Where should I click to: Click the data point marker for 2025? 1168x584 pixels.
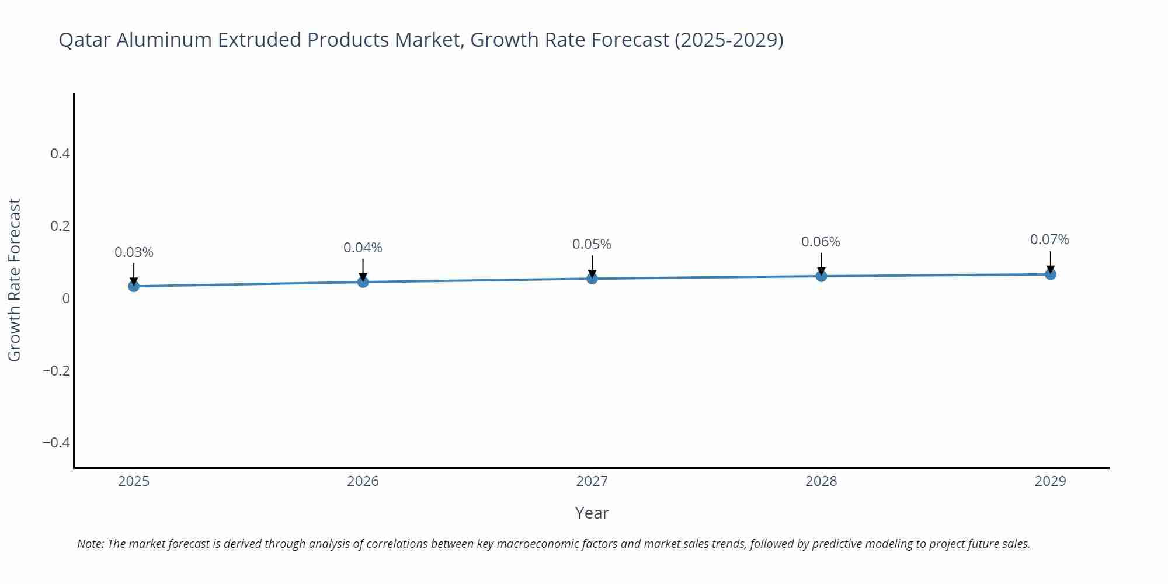(x=134, y=286)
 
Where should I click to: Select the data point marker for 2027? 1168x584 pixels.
(x=592, y=279)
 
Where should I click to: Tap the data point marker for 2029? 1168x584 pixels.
(x=1050, y=274)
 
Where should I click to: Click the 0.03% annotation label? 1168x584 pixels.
(x=134, y=252)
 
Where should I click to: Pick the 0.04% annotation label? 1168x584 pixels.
(x=363, y=248)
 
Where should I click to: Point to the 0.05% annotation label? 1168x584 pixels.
(x=592, y=244)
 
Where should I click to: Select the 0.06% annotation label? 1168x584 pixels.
(x=821, y=242)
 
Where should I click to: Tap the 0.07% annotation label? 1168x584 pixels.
(x=1049, y=239)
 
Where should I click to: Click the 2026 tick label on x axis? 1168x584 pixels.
(x=363, y=481)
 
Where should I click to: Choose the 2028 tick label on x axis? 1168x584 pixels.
(x=821, y=481)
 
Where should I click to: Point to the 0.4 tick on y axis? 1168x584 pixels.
(x=60, y=154)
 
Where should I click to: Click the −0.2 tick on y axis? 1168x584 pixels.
(x=56, y=371)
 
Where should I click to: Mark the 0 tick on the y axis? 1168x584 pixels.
(x=66, y=298)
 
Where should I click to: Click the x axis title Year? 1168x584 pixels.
(x=592, y=513)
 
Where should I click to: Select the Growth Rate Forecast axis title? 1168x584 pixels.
(x=15, y=280)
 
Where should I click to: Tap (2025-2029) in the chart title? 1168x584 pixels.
(x=728, y=40)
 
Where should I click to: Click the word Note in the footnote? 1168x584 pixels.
(x=90, y=544)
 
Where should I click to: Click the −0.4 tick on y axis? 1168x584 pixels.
(x=56, y=443)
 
